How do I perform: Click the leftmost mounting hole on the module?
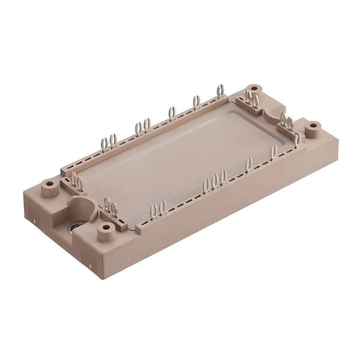coord(48,183)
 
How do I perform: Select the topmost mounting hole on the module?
coord(254,88)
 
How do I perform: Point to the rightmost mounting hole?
coord(314,127)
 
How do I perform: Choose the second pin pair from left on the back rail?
coord(143,127)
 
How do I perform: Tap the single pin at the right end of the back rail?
coord(220,91)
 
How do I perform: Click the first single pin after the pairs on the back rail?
coord(171,113)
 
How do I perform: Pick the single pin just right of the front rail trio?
coord(249,165)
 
